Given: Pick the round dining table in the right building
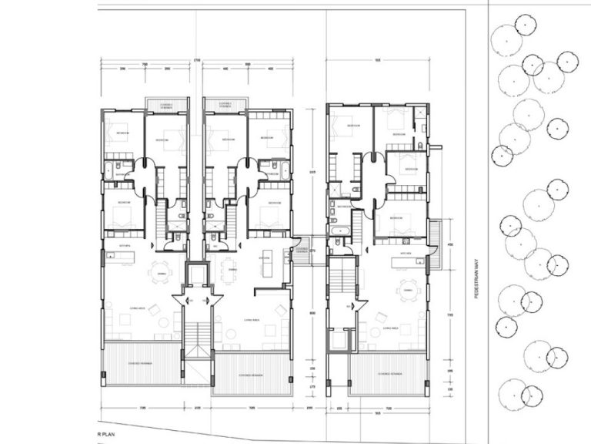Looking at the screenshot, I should click(x=406, y=291).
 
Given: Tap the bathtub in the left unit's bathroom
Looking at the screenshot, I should click(x=122, y=175).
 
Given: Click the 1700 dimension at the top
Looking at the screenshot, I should click(x=196, y=59).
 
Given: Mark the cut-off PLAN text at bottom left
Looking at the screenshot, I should click(x=108, y=437).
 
